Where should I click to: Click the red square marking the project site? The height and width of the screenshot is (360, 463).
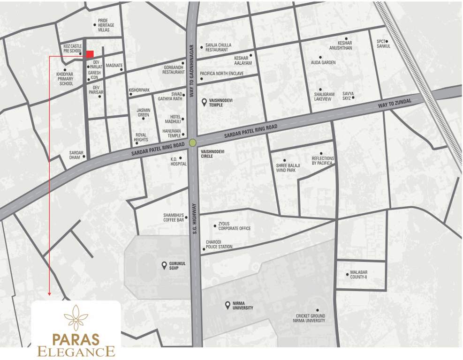[90, 54]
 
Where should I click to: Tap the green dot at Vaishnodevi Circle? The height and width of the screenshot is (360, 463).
[192, 143]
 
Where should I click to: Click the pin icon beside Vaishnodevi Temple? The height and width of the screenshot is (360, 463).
[203, 102]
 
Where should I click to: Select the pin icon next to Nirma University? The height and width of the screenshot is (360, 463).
[228, 306]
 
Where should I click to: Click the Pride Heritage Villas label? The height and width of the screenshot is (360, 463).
[103, 25]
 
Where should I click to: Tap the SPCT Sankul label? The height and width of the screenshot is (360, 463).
[383, 44]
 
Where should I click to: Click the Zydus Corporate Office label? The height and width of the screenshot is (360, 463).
[234, 226]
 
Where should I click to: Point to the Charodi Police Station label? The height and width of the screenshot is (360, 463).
[219, 245]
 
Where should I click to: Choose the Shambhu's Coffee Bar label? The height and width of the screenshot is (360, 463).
[172, 217]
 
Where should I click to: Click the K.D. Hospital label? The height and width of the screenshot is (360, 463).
[178, 162]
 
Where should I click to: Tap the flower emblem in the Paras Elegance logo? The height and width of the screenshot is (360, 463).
[76, 318]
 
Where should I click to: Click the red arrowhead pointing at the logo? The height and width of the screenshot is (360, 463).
[49, 294]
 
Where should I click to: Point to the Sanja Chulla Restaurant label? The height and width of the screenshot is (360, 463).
[218, 47]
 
